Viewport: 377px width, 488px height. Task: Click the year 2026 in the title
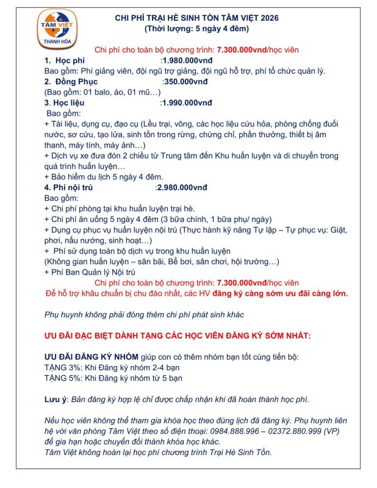[x=267, y=18]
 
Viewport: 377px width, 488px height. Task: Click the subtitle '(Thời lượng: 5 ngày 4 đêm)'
[x=196, y=29]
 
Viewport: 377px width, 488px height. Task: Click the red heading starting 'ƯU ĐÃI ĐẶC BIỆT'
[x=178, y=335]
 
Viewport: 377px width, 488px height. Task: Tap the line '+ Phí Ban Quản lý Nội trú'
[x=90, y=272]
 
